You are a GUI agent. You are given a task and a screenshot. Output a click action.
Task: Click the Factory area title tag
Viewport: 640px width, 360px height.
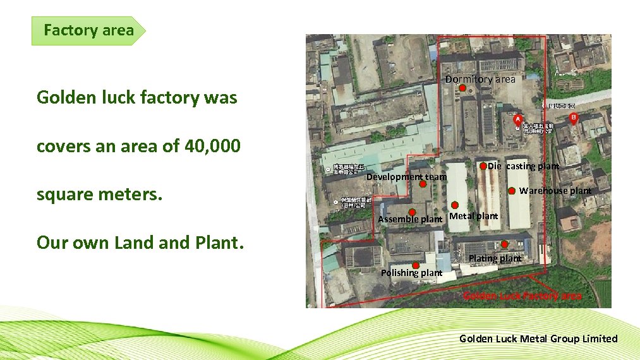coord(88,30)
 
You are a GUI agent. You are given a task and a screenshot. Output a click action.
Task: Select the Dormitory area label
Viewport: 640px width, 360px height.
coord(480,79)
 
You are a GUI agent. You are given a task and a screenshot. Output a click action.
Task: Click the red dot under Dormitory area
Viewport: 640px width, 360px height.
coord(462,88)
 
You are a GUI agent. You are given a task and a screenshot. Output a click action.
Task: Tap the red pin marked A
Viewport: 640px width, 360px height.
coord(518,119)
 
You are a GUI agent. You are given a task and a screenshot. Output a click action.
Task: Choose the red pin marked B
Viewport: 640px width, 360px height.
coord(574,118)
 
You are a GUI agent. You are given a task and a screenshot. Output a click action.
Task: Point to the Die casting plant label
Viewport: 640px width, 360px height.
coord(523,166)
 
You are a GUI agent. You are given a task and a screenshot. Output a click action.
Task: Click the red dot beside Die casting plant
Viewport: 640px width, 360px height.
coord(483,166)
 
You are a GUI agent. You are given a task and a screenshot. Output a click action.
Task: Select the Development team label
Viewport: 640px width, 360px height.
coord(406,177)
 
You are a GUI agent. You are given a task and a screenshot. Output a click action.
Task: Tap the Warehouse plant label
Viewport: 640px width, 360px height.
coord(555,191)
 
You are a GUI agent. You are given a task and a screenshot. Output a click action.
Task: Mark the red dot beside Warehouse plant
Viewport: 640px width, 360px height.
coord(512,191)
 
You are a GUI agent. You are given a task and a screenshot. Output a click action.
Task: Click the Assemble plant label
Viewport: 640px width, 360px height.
coord(410,219)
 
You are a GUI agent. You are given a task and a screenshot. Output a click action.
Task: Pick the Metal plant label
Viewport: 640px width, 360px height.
coord(473,216)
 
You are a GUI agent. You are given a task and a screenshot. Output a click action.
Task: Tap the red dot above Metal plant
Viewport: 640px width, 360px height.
coord(455,205)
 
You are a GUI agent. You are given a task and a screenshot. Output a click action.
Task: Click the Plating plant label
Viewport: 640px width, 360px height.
coord(495,258)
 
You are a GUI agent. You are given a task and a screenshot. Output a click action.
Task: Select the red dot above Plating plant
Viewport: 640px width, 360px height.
coord(505,244)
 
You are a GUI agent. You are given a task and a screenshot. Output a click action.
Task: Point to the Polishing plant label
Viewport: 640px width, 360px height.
coord(411,273)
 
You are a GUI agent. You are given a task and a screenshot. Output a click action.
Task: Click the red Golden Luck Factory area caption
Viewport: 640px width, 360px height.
coord(522,296)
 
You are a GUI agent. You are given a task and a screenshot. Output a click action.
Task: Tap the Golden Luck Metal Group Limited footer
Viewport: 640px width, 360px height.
coord(538,339)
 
